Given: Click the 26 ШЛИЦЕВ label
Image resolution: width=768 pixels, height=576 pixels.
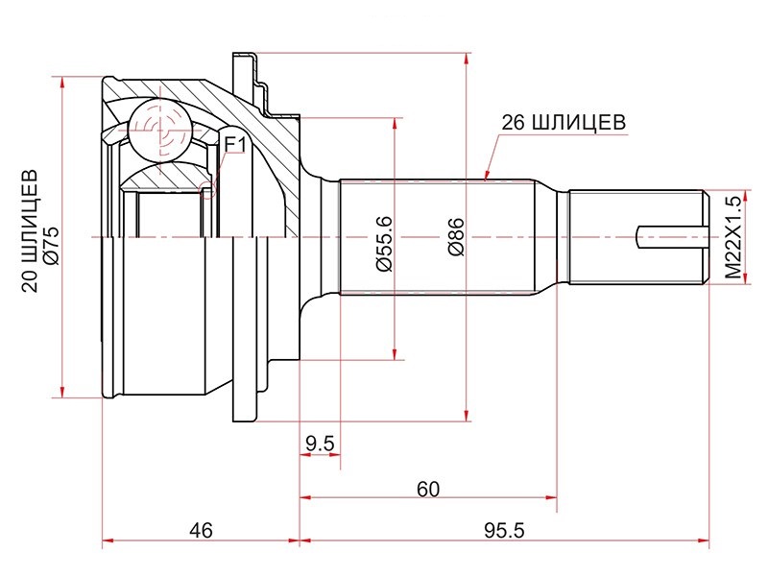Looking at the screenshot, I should click(564, 123).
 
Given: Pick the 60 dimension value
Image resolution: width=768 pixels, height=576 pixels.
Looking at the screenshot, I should click(428, 489).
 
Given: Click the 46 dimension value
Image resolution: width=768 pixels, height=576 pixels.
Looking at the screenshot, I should click(200, 530).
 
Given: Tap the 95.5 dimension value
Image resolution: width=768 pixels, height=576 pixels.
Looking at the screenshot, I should click(506, 530).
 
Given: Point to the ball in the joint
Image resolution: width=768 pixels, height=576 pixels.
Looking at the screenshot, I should click(156, 129).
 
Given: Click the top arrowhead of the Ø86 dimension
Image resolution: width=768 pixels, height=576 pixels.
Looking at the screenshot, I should click(467, 58).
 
